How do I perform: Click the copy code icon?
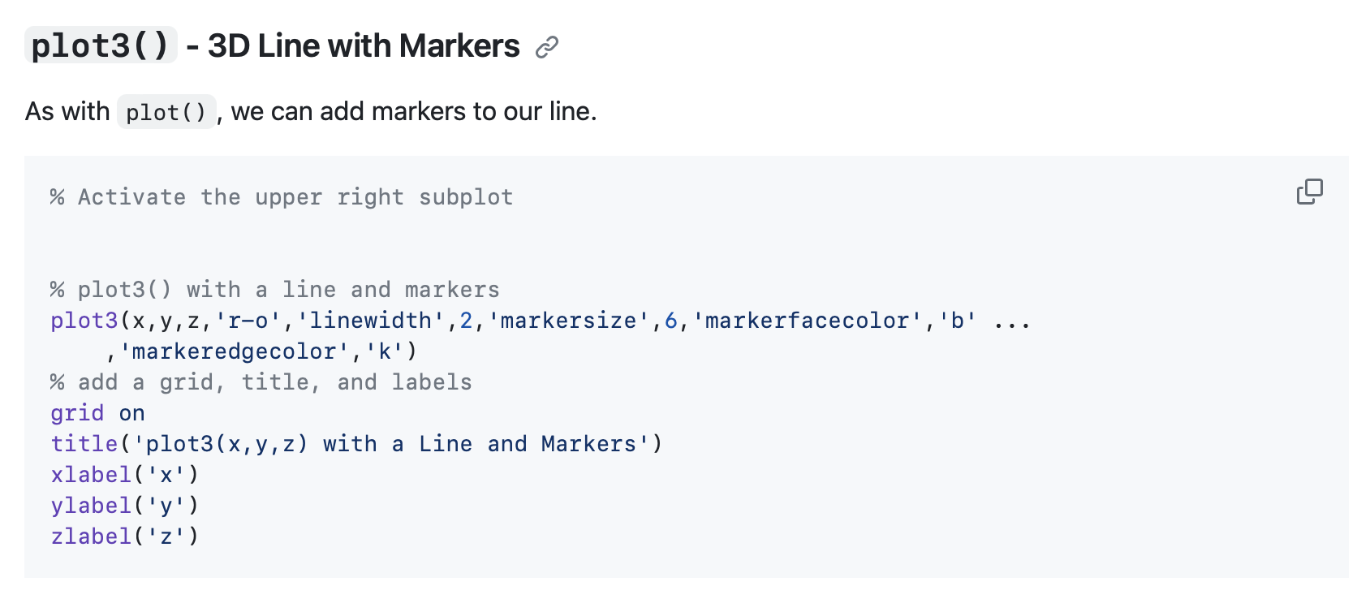point(1309,192)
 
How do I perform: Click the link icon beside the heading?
point(547,47)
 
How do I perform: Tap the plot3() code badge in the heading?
point(101,45)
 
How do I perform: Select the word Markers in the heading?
point(459,45)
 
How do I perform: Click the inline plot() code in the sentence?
point(166,112)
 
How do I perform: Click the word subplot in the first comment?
point(466,197)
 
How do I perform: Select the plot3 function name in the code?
point(84,321)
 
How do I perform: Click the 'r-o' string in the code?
point(248,321)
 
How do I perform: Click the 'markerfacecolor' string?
point(807,321)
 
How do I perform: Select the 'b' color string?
point(957,321)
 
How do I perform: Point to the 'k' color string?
point(384,351)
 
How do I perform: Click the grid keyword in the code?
point(77,413)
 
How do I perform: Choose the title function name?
point(84,444)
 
